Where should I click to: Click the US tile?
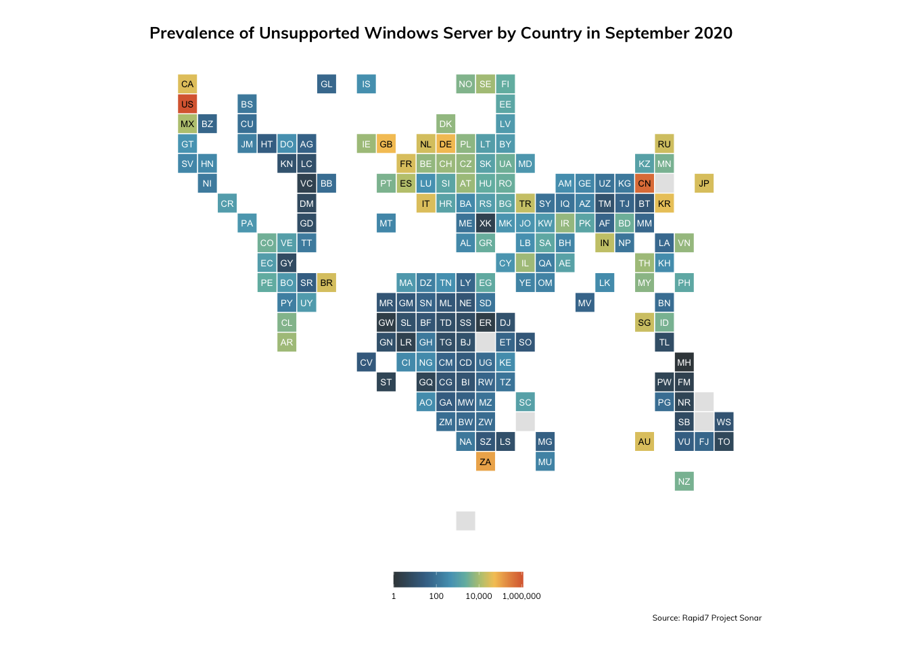(x=187, y=104)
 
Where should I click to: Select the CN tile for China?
(x=645, y=183)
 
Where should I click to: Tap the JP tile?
(x=704, y=183)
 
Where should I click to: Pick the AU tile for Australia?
(x=645, y=441)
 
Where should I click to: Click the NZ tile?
(x=684, y=481)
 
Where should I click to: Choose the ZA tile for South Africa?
(x=486, y=462)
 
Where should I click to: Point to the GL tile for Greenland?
(x=327, y=84)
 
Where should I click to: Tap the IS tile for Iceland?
(x=366, y=84)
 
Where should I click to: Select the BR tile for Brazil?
(x=327, y=283)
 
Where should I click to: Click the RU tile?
(x=664, y=144)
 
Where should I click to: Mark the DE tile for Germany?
(x=446, y=144)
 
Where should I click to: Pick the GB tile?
(x=386, y=144)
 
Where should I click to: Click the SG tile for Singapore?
(x=645, y=322)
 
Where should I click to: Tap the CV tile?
(x=366, y=362)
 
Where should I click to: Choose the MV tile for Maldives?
(x=585, y=303)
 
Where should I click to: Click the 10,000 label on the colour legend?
(x=479, y=596)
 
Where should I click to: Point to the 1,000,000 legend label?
(x=521, y=596)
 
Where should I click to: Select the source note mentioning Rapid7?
(x=707, y=618)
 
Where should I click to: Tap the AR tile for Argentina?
(x=287, y=342)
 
